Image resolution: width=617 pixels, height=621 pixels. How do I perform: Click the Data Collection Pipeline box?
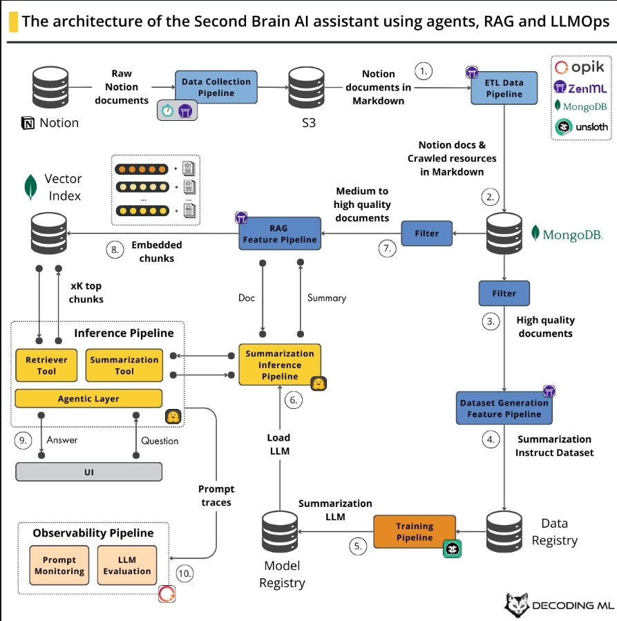click(216, 87)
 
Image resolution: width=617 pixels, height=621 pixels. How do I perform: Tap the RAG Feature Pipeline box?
click(280, 233)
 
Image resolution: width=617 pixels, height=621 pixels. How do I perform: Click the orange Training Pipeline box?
click(415, 532)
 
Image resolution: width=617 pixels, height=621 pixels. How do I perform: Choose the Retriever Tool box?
click(46, 365)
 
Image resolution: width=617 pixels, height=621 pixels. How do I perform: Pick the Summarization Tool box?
click(124, 365)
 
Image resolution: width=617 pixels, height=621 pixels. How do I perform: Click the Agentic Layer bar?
click(88, 399)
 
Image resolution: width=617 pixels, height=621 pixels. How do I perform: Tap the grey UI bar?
click(88, 472)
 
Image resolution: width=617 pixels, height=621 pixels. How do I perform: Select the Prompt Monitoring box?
click(59, 566)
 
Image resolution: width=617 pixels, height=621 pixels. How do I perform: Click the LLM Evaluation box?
click(127, 566)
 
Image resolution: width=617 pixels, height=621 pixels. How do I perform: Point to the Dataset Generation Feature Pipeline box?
click(504, 408)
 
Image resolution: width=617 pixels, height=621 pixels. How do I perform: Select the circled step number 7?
click(388, 249)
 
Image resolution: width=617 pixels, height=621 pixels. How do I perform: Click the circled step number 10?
click(185, 573)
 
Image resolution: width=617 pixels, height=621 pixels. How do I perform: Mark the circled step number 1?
click(423, 70)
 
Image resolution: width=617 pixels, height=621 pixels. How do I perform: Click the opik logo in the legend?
click(579, 67)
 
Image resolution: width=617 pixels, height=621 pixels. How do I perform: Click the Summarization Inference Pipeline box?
click(280, 365)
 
